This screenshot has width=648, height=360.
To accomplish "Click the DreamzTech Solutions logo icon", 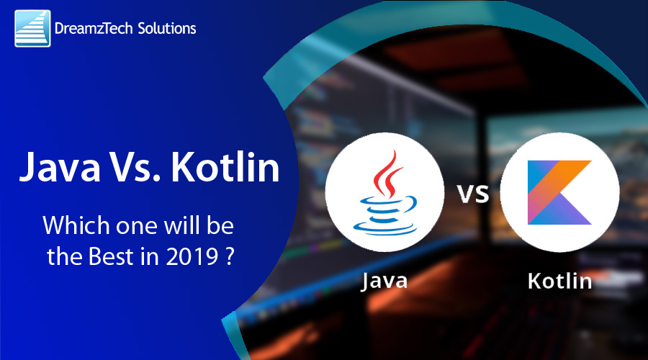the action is pyautogui.click(x=32, y=28).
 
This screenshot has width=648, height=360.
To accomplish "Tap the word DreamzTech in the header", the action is pyautogui.click(x=94, y=29).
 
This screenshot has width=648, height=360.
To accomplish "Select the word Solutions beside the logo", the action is pyautogui.click(x=167, y=28).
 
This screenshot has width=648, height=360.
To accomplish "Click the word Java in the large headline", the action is pyautogui.click(x=60, y=168).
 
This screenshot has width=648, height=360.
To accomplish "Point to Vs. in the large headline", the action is pyautogui.click(x=135, y=167).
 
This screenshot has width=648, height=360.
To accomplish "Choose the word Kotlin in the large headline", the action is pyautogui.click(x=225, y=166).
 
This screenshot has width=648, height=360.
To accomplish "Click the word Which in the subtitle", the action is pyautogui.click(x=76, y=225).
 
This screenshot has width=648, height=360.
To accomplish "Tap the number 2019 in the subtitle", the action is pyautogui.click(x=192, y=256).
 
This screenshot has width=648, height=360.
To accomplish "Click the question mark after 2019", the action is pyautogui.click(x=230, y=257).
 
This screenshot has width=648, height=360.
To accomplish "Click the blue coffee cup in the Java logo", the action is pyautogui.click(x=385, y=216).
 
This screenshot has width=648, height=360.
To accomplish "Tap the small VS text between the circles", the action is pyautogui.click(x=473, y=194).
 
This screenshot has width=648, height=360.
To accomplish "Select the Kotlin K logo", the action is pyautogui.click(x=559, y=192).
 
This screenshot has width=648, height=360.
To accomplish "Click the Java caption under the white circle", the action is pyautogui.click(x=384, y=281).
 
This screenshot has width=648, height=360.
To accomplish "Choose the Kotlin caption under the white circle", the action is pyautogui.click(x=560, y=281).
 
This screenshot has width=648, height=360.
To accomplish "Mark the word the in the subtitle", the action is pyautogui.click(x=65, y=256).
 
